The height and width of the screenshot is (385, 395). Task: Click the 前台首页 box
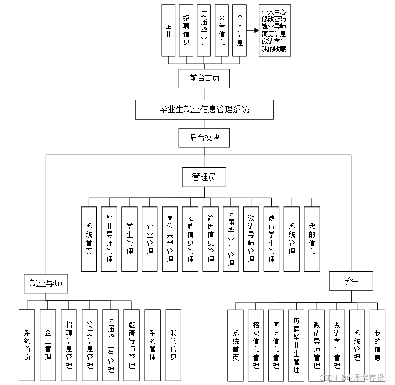pos(204,78)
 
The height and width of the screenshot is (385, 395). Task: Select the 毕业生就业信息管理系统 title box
pos(204,109)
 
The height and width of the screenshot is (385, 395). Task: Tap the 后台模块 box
pos(204,137)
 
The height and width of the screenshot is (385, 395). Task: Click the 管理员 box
pos(204,177)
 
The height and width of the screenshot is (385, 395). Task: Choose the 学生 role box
pos(351,281)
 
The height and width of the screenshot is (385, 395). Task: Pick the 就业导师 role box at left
pos(46,283)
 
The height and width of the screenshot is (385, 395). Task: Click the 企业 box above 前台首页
pos(168,31)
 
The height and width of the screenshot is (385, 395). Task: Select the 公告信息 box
pos(222,31)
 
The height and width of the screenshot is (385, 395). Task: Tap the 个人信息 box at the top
pos(240,31)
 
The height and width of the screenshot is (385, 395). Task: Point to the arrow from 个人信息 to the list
pos(253,31)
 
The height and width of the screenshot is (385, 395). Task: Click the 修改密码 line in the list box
pos(274,19)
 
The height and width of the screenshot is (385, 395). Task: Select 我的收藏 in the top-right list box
pos(274,49)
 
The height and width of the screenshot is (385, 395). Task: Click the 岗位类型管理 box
pos(170,239)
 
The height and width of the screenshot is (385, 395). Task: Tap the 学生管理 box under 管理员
pos(129,239)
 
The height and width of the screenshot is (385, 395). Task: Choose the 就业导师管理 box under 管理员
pos(109,239)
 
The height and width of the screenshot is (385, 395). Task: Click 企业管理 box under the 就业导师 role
pos(48,345)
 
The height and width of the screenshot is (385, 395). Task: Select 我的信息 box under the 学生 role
pos(377,345)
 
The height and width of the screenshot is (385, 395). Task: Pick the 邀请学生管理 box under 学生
pos(337,345)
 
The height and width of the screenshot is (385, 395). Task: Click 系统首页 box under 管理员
pos(89,239)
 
